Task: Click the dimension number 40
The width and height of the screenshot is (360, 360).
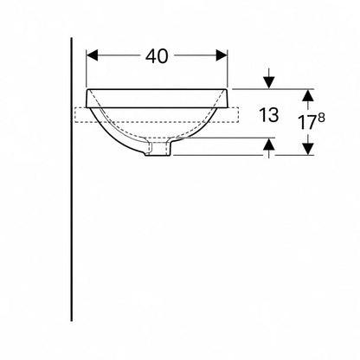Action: click(x=157, y=56)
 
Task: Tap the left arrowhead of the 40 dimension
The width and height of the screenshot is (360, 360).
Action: click(x=92, y=55)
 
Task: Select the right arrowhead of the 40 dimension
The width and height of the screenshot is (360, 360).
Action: click(x=222, y=55)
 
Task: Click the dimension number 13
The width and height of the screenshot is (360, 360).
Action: click(x=269, y=115)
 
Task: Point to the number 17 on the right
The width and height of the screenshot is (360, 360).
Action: click(x=307, y=122)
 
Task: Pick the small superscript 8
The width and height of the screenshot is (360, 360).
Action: click(x=321, y=118)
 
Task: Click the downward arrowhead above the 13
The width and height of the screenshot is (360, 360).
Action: click(x=269, y=83)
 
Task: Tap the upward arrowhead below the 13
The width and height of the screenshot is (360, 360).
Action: click(x=269, y=144)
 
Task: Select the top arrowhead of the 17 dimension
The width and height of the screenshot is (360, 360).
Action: click(x=308, y=95)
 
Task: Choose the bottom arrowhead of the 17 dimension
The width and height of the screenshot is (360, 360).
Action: click(x=308, y=149)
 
